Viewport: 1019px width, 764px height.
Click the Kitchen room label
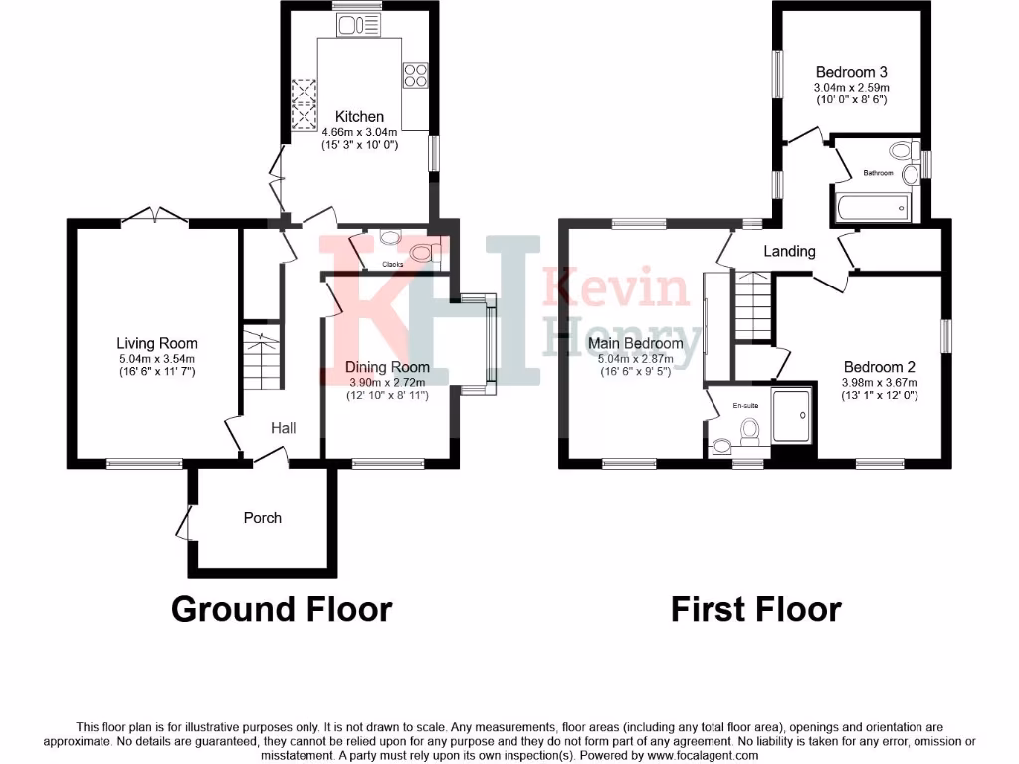pos(359,117)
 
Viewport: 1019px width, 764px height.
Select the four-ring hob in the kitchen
pos(415,75)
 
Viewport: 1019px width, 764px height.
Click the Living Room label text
pos(157,344)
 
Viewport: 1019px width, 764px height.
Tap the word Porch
pos(263,518)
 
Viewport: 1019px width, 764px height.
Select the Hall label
pos(284,428)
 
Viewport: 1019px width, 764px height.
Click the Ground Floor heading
pos(282,608)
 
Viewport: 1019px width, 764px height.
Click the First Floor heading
pos(756,608)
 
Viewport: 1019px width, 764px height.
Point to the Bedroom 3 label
pos(851,72)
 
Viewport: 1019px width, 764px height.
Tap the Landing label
pos(789,251)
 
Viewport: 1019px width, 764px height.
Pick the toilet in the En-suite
pos(748,430)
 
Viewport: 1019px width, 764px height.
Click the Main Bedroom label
pos(635,344)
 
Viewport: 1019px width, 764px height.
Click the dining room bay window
pos(486,344)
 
